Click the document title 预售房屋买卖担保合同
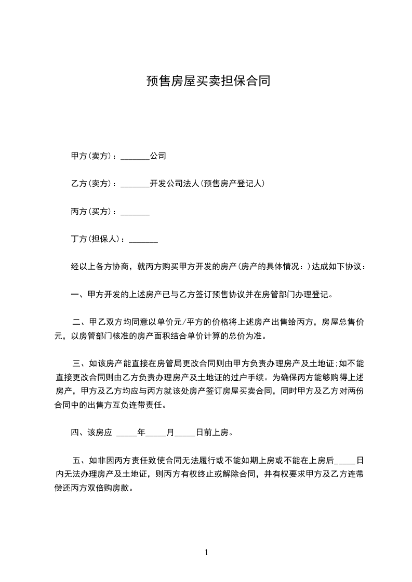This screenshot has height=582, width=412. (x=207, y=81)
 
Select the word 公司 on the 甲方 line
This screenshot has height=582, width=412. (x=158, y=156)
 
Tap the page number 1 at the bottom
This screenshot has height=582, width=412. (x=206, y=553)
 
